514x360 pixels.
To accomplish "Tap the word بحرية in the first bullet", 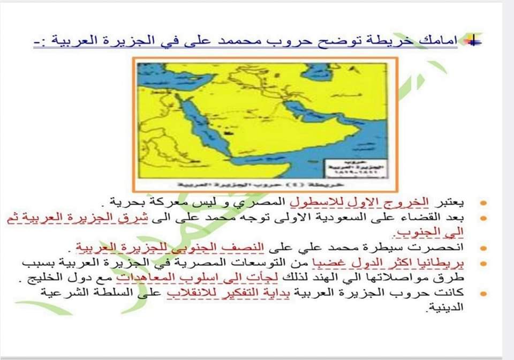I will tap(125, 204).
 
